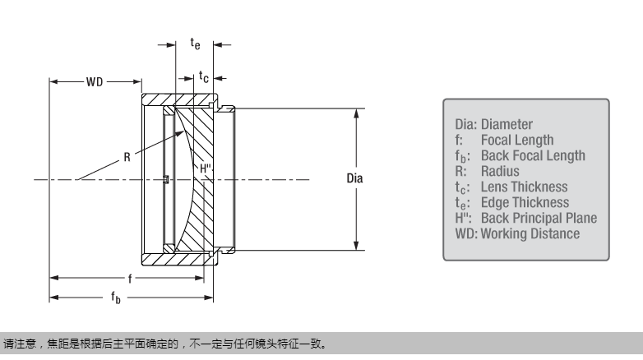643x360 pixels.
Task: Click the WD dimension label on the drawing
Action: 95,82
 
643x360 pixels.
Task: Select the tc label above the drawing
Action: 203,76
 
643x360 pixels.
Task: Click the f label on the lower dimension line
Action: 129,279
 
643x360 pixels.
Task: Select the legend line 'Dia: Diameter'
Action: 493,125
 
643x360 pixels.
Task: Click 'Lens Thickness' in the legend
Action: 525,187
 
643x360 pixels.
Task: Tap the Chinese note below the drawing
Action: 164,344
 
